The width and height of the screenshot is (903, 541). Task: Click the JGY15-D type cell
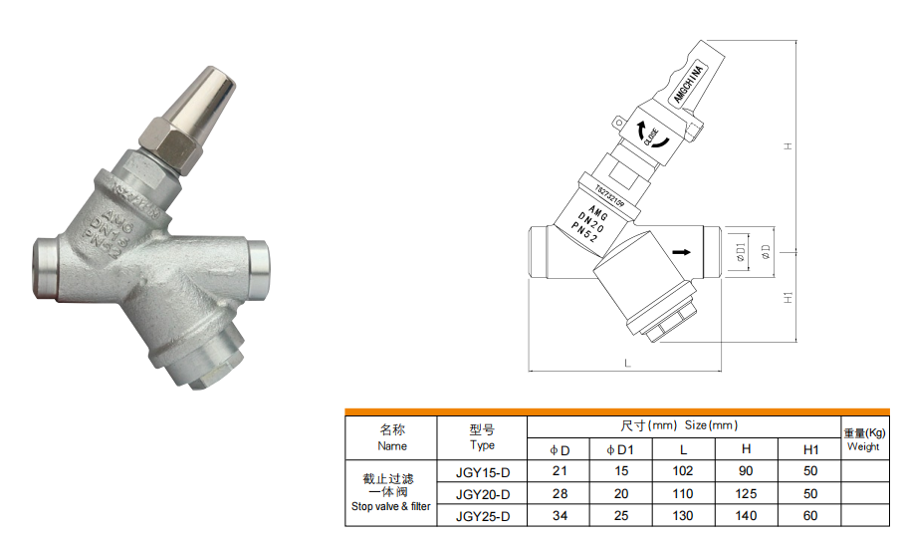pyautogui.click(x=482, y=471)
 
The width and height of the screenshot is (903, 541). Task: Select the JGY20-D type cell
pyautogui.click(x=482, y=494)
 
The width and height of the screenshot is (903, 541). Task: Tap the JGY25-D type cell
pyautogui.click(x=482, y=516)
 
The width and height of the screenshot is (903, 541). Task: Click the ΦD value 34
pyautogui.click(x=560, y=516)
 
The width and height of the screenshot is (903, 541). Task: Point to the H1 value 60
pyautogui.click(x=810, y=516)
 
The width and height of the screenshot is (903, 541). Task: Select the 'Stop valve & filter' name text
pyautogui.click(x=391, y=506)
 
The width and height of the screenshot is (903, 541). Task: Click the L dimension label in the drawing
pyautogui.click(x=627, y=364)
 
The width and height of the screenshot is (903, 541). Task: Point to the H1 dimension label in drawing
pyautogui.click(x=787, y=298)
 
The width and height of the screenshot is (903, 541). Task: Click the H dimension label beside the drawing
pyautogui.click(x=787, y=146)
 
